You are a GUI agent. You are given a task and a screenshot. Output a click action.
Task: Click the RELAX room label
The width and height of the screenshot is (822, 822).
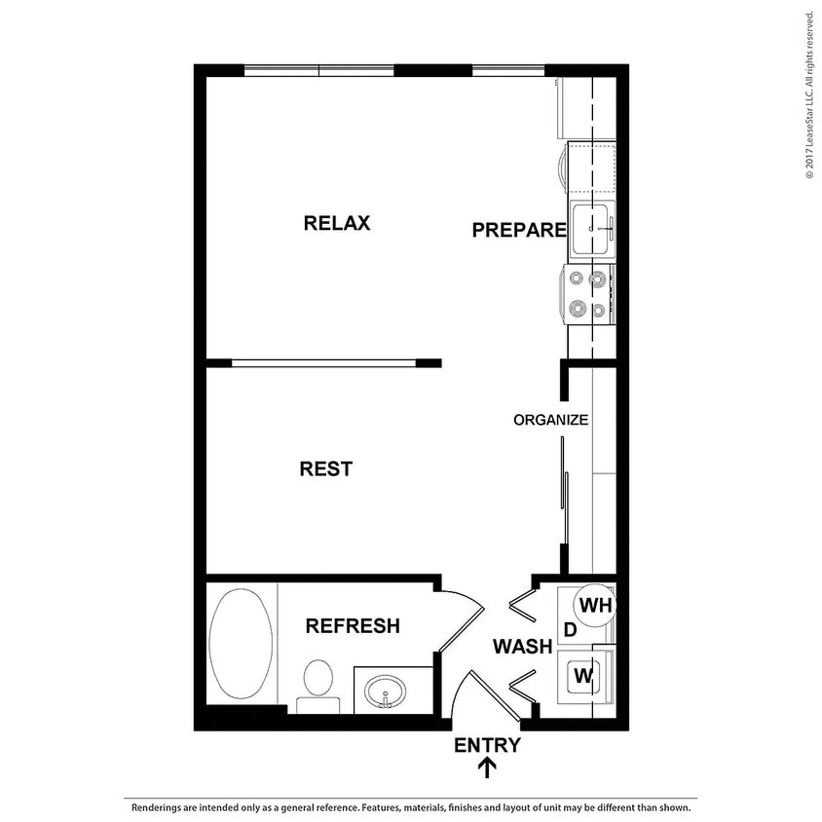(x=337, y=223)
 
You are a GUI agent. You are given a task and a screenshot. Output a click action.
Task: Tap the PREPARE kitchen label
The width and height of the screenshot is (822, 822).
(x=518, y=231)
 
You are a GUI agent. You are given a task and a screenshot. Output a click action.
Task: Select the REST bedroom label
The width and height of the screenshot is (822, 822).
(x=325, y=469)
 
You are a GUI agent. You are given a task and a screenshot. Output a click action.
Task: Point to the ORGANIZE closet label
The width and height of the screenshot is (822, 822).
(x=550, y=421)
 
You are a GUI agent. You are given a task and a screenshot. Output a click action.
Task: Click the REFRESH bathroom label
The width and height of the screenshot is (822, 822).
(x=353, y=626)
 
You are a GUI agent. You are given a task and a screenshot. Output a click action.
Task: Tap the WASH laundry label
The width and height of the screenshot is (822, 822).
(x=522, y=646)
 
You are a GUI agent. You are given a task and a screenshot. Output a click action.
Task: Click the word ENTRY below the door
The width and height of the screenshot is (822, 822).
(x=487, y=746)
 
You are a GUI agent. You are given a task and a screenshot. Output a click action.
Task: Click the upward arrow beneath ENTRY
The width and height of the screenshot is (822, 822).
(x=487, y=769)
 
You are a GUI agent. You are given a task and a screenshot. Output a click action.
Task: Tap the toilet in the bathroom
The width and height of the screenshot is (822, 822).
(x=317, y=683)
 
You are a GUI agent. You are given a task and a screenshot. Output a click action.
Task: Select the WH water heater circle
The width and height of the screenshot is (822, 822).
(x=594, y=606)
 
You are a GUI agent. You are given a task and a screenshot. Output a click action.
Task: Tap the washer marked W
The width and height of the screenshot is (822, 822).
(x=583, y=675)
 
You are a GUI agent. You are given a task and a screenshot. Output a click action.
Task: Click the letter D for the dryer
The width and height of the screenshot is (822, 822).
(x=572, y=631)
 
